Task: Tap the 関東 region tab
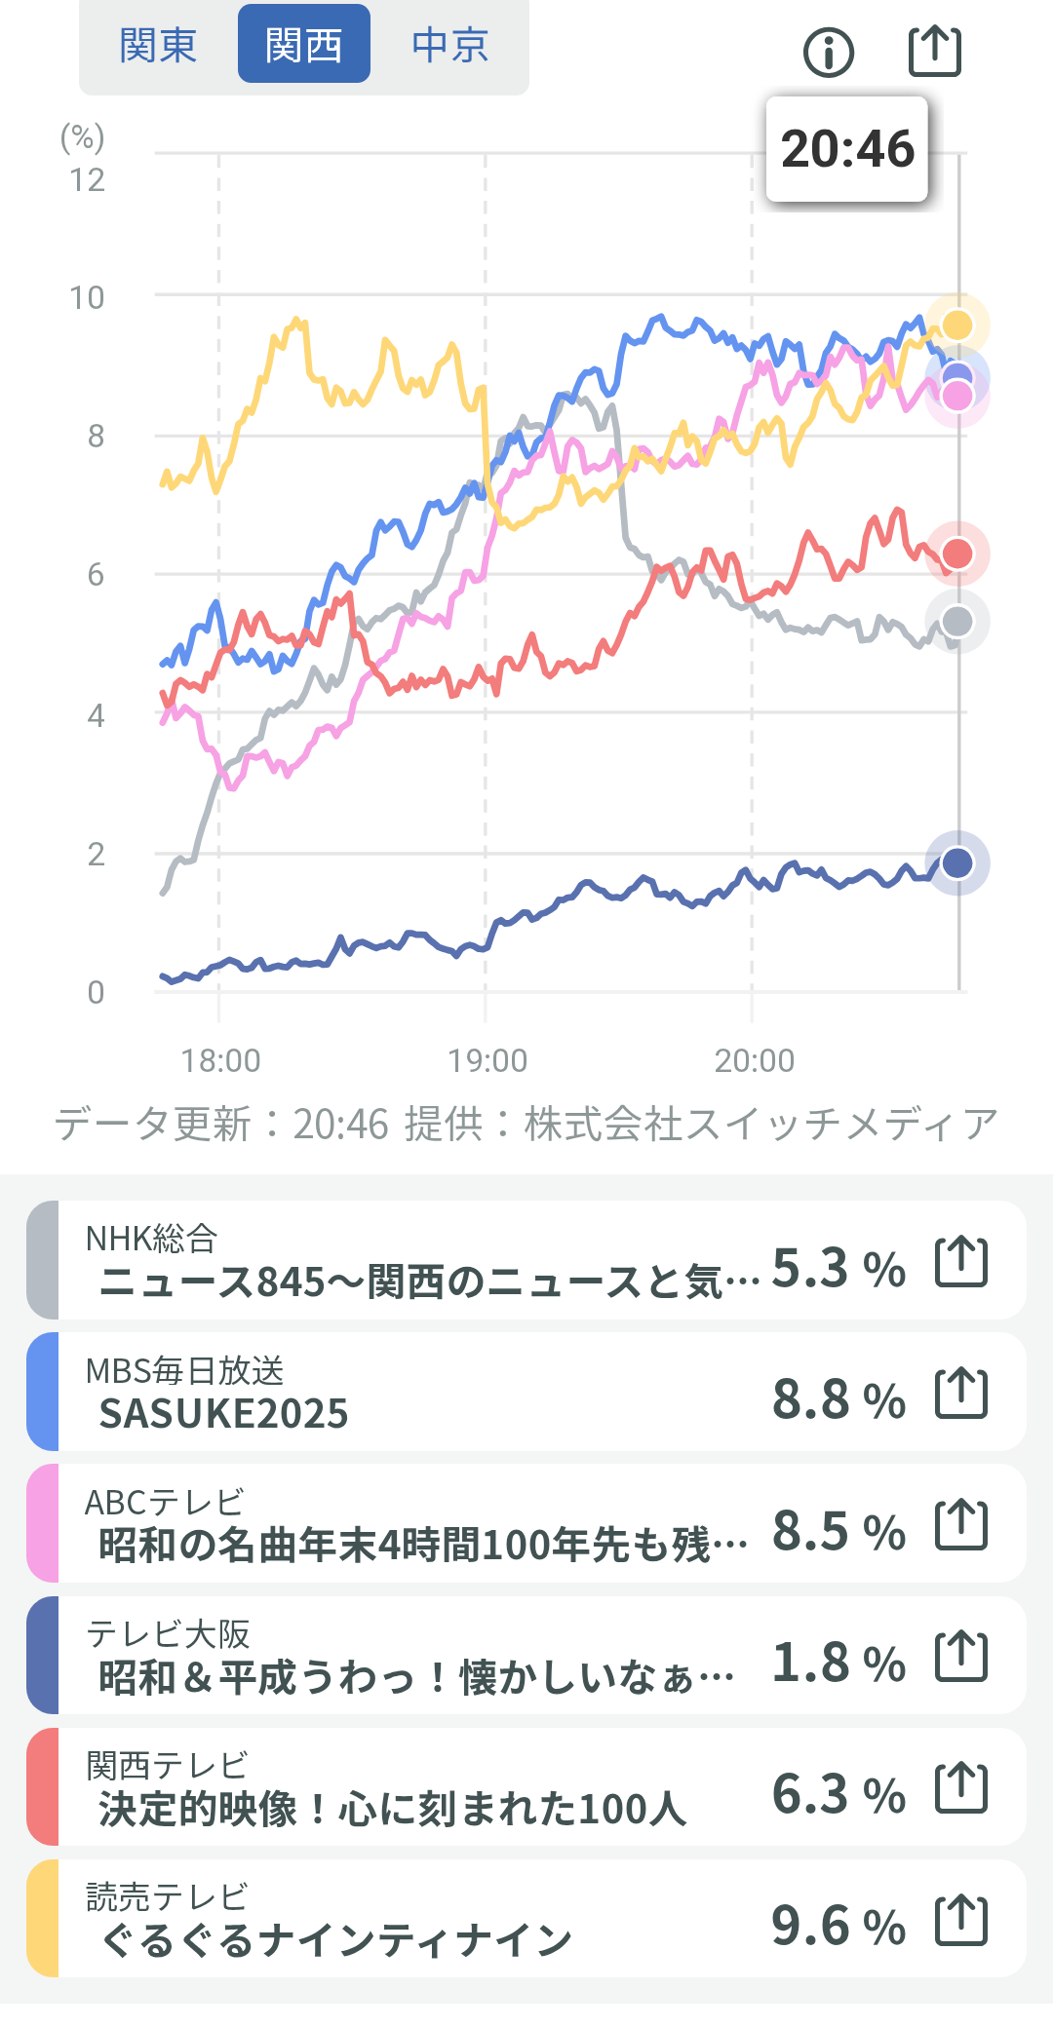click(x=158, y=45)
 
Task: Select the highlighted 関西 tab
click(x=303, y=45)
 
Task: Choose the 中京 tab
click(x=449, y=45)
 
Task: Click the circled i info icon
click(x=829, y=52)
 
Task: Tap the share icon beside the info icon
click(x=935, y=51)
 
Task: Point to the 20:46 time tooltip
click(x=847, y=149)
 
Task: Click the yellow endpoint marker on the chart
click(x=957, y=325)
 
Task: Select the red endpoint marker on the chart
click(x=957, y=554)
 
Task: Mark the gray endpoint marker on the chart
click(x=957, y=621)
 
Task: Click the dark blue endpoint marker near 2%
click(x=957, y=862)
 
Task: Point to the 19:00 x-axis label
click(x=487, y=1060)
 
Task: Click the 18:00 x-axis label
click(x=220, y=1060)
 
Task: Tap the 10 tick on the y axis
click(x=87, y=297)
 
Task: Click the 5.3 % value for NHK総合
click(x=838, y=1268)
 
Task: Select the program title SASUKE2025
click(x=223, y=1413)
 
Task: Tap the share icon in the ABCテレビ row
click(x=961, y=1525)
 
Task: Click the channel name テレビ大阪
click(x=168, y=1633)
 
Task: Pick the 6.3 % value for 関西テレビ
click(x=838, y=1794)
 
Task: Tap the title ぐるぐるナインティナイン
click(x=336, y=1939)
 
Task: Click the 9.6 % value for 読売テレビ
click(x=838, y=1926)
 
